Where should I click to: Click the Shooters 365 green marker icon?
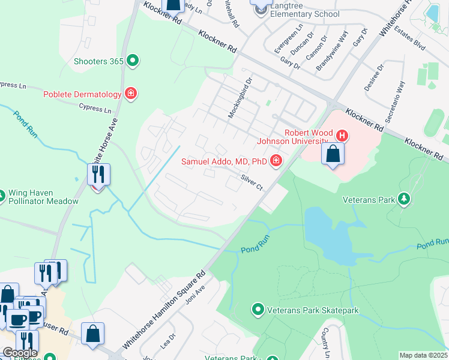[133, 61]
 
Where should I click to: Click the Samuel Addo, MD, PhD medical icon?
[276, 161]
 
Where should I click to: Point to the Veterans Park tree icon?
[405, 199]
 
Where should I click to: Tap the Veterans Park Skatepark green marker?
[258, 310]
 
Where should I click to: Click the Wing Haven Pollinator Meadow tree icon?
[1, 193]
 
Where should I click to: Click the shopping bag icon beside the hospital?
[333, 153]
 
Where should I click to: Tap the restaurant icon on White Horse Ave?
[98, 175]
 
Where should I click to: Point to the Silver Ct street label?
[252, 182]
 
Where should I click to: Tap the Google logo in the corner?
[19, 353]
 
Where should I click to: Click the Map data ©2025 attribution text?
[423, 355]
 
